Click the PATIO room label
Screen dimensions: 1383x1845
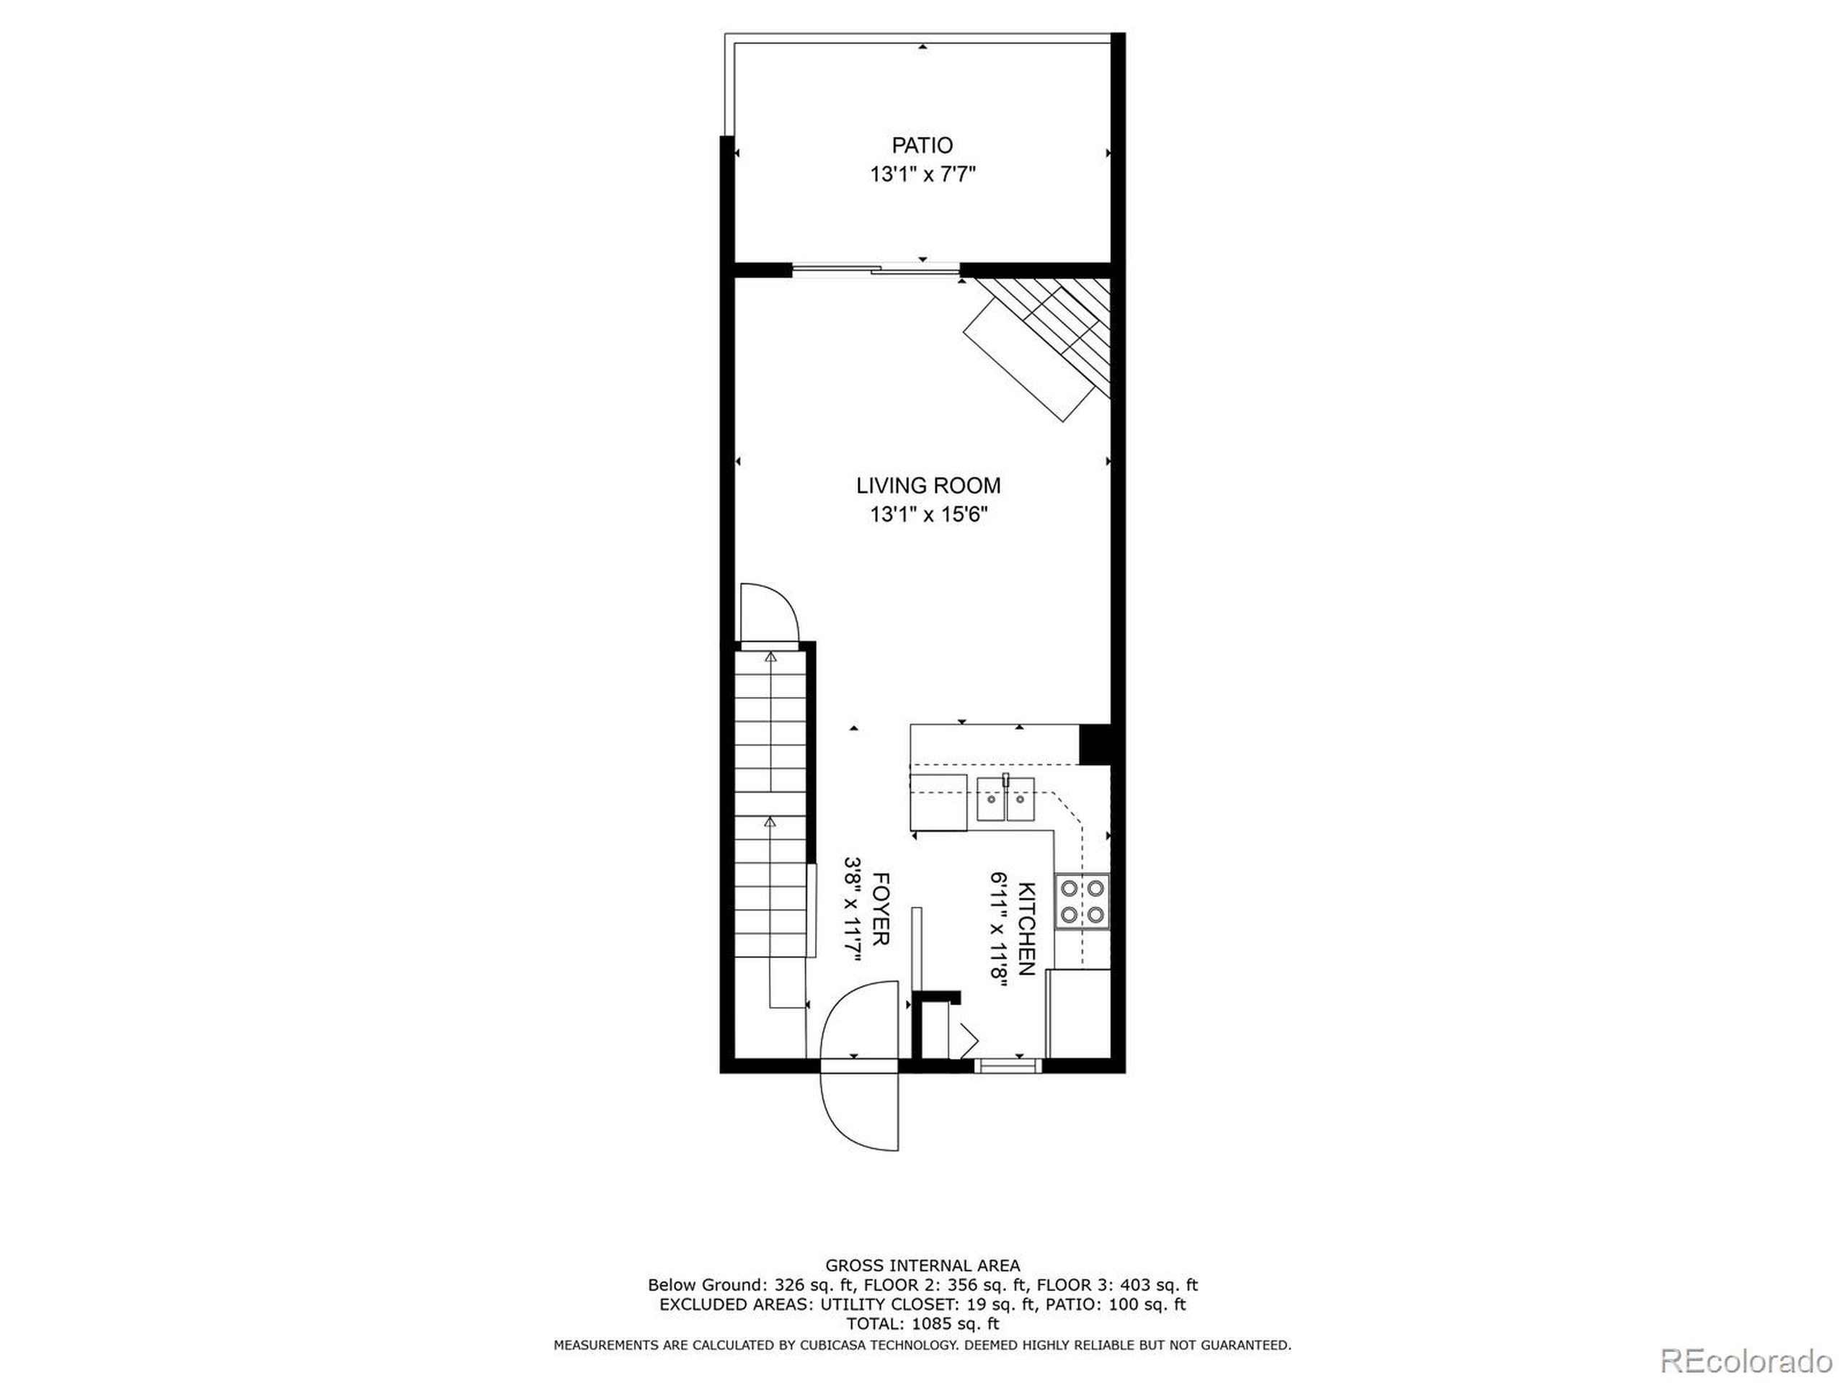[x=922, y=146]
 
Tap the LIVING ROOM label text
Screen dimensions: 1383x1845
[x=928, y=485]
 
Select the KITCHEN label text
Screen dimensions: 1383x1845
[x=1027, y=928]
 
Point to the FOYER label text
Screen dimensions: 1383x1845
[x=880, y=908]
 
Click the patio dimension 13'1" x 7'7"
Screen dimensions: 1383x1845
[x=922, y=175]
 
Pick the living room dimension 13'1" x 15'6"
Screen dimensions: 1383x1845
[x=928, y=515]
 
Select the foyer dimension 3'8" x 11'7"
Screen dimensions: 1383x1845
[x=853, y=910]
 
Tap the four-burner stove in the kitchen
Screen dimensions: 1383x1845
[x=1082, y=901]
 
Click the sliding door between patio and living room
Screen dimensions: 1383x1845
[x=875, y=269]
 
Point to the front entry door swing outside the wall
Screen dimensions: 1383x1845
[x=859, y=1109]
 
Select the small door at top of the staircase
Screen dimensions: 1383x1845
[x=769, y=615]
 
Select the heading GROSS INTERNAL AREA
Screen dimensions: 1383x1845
[x=922, y=1266]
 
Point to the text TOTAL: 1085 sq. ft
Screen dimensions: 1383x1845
[x=922, y=1324]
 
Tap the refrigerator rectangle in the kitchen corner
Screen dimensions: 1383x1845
[x=1078, y=1013]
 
